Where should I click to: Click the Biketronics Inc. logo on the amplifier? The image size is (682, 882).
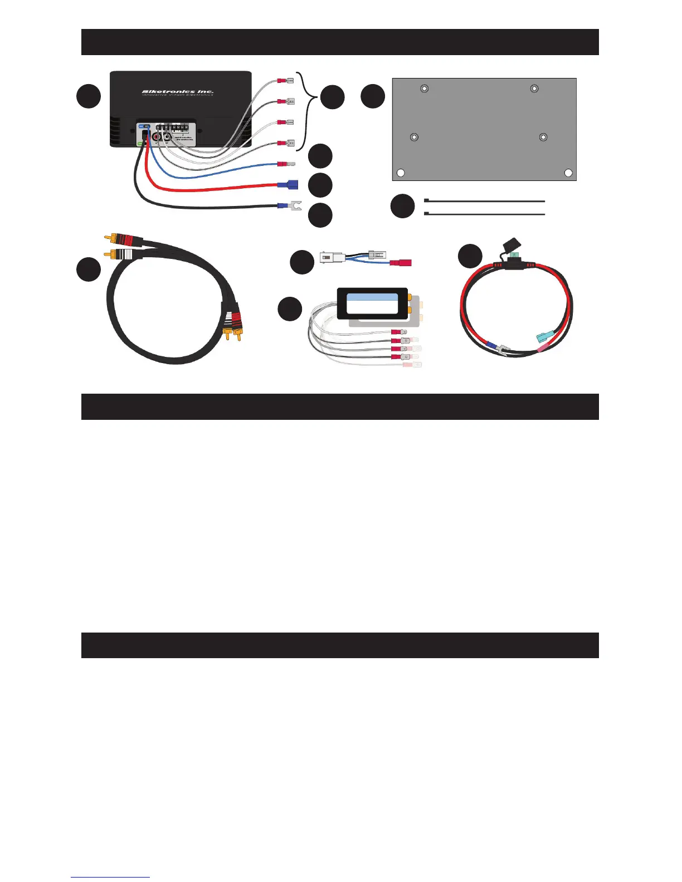click(x=177, y=92)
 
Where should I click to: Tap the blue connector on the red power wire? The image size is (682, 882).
click(x=288, y=184)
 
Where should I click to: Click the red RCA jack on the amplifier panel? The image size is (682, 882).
click(x=157, y=136)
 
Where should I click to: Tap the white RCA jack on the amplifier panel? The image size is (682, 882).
click(x=167, y=136)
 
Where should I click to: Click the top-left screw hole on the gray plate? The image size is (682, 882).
click(x=425, y=88)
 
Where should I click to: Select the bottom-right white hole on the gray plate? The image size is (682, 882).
click(x=568, y=173)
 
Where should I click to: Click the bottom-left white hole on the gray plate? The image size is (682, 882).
click(x=400, y=173)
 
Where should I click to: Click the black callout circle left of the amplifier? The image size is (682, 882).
click(x=89, y=97)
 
